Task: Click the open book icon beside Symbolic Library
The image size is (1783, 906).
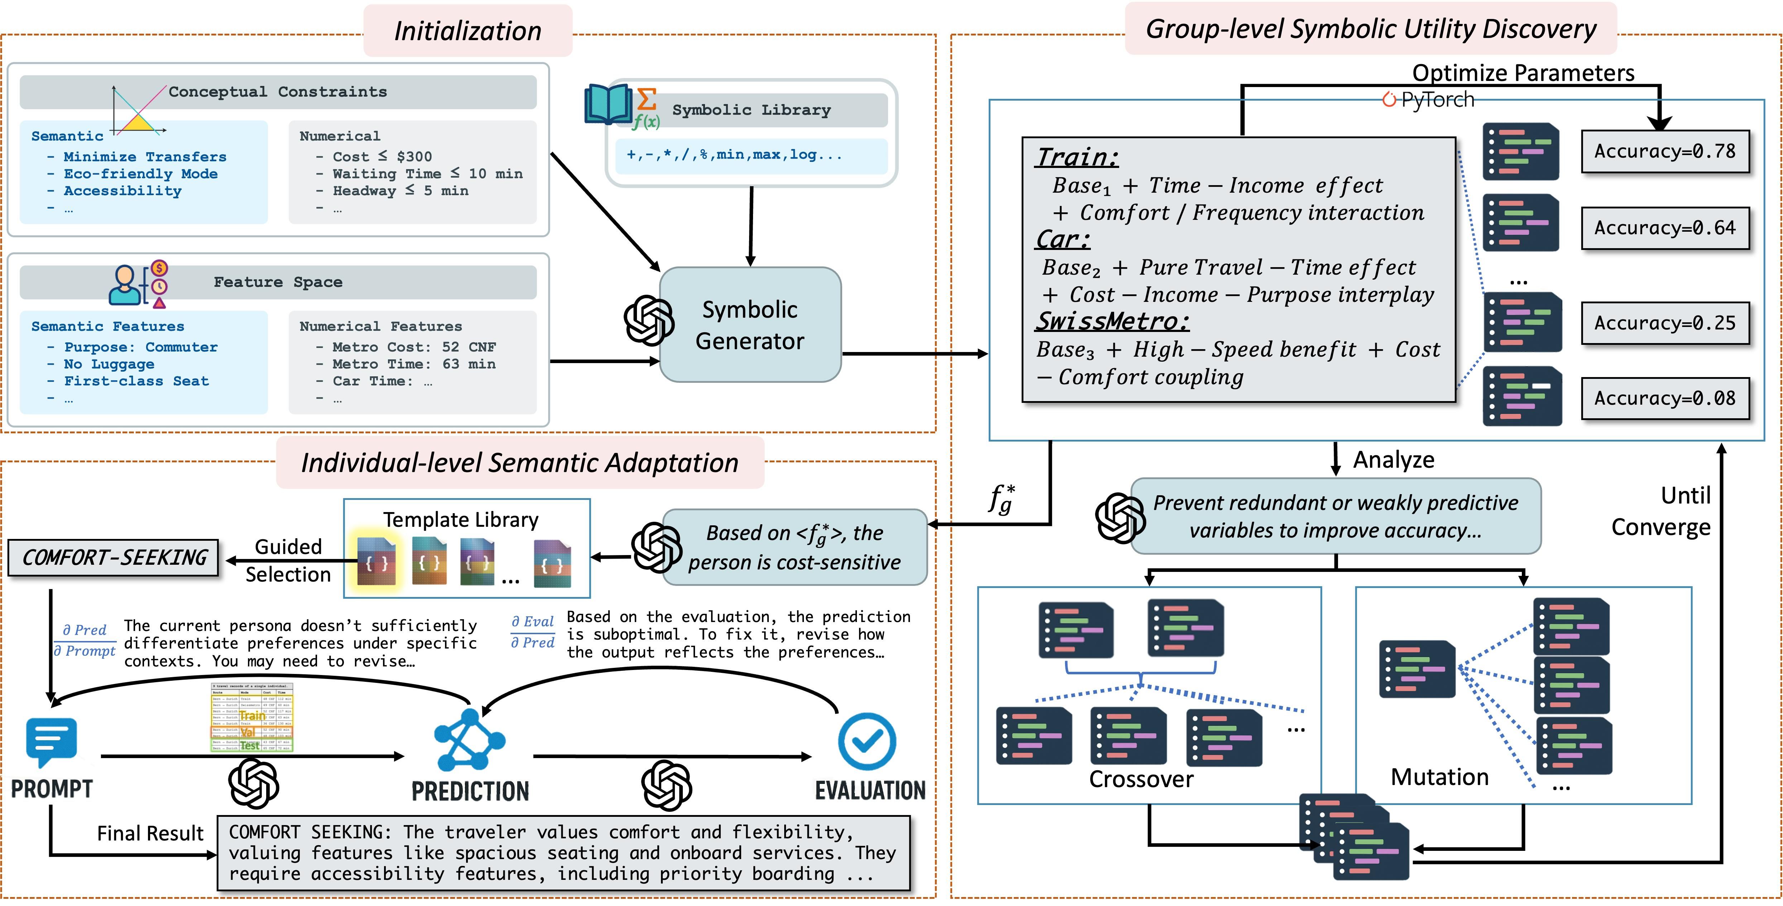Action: click(x=608, y=105)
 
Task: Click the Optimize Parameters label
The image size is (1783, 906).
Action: click(x=1523, y=73)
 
